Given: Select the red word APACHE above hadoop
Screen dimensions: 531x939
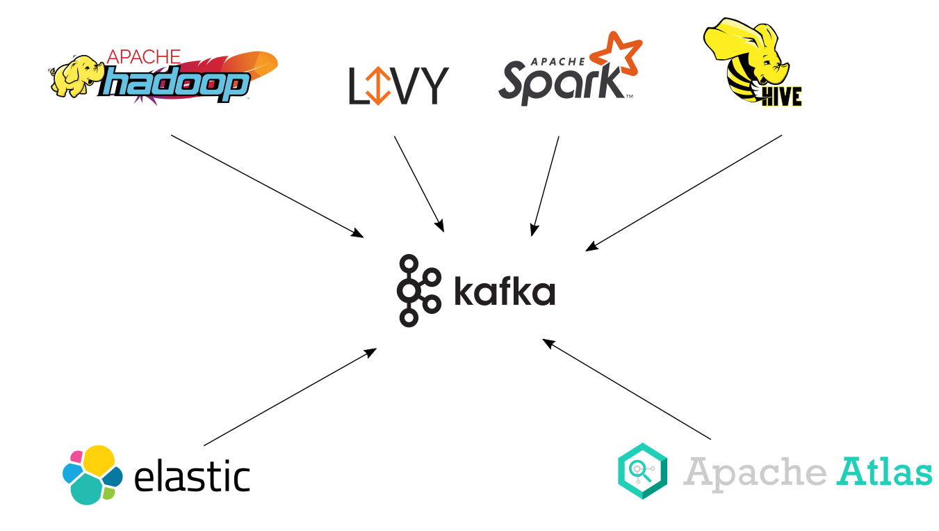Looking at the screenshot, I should pos(145,57).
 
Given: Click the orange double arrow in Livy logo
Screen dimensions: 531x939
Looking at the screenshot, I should pos(377,86).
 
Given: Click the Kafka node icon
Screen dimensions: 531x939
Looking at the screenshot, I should pos(418,290).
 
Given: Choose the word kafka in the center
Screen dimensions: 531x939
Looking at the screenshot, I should pos(505,292).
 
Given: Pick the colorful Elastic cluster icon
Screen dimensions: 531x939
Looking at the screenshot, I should pos(92,475).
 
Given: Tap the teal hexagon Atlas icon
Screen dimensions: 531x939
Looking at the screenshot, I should pos(642,471).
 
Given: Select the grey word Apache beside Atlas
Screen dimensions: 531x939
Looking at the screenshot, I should pos(755,473).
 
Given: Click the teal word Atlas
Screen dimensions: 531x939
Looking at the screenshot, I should pos(884,471).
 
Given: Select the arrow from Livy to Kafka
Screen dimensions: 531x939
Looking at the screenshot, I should pos(419,183).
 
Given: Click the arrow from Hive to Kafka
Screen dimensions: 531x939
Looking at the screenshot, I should pos(684,193).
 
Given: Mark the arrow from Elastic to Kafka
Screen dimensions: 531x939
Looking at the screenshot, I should pos(290,397).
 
